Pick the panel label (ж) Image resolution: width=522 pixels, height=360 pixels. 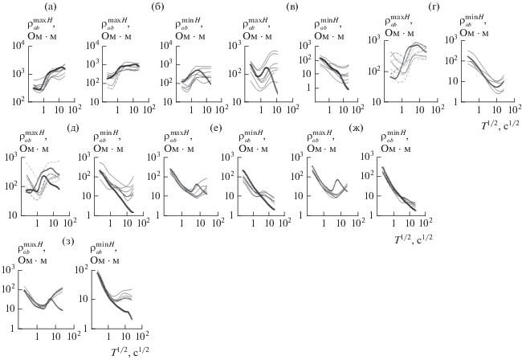tap(355, 127)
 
